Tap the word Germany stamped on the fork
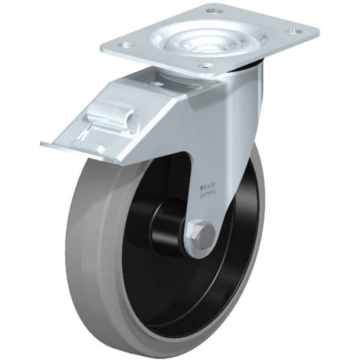click(208, 194)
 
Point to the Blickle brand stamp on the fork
click(207, 187)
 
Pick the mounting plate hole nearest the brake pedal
click(125, 45)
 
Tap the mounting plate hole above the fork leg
click(294, 31)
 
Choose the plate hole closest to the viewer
click(206, 66)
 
